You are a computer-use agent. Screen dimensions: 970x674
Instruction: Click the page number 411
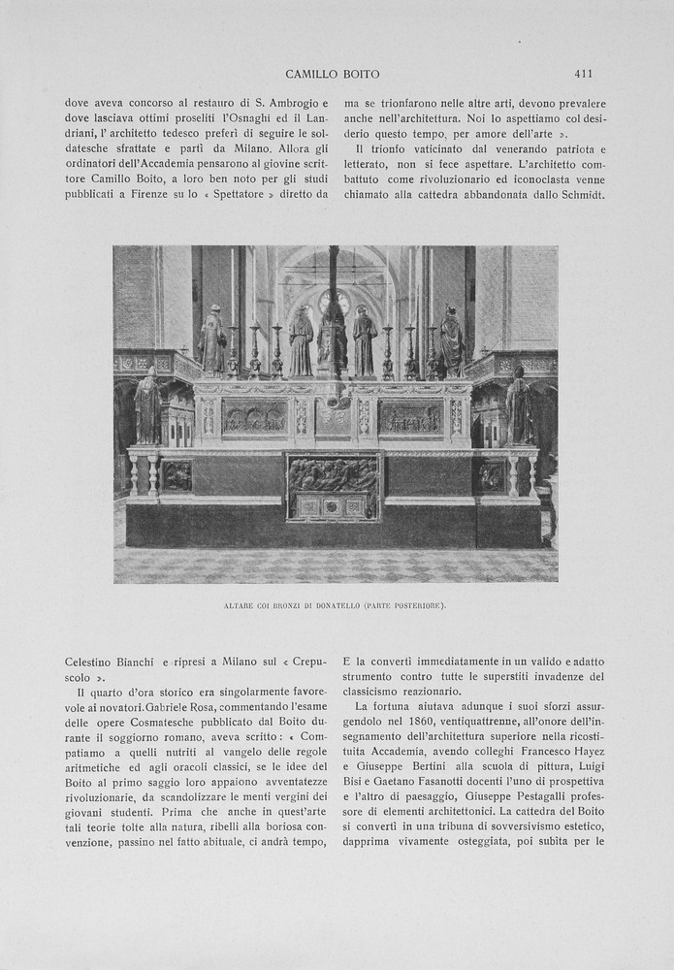(x=583, y=74)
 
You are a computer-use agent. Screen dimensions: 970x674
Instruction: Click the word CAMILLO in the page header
(x=310, y=74)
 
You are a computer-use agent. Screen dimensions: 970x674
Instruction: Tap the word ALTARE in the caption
(x=240, y=606)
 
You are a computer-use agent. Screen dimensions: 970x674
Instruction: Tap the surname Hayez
(x=586, y=754)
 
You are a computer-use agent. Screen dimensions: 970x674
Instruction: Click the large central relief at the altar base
(x=334, y=486)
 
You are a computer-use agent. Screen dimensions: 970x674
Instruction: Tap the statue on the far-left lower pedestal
(x=147, y=407)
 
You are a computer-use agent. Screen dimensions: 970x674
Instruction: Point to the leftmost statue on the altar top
(x=211, y=341)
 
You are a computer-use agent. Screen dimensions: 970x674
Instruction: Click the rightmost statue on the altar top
(x=452, y=341)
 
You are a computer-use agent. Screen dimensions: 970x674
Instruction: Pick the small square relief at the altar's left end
(x=177, y=475)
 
